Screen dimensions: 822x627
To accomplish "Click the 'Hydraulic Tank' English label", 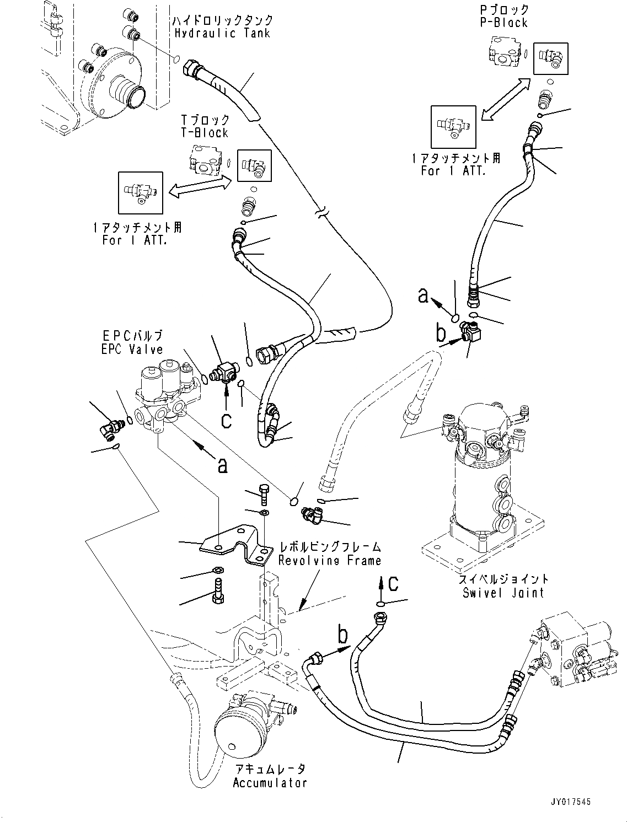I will point(222,33).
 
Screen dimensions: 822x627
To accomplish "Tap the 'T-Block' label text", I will point(205,133).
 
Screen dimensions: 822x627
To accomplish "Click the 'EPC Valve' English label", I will point(132,350).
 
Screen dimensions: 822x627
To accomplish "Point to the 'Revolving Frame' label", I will point(329,561).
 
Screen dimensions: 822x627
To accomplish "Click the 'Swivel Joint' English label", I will point(503,593).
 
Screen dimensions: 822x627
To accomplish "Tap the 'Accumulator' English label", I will point(269,783).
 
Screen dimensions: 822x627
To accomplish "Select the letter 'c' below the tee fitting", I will point(226,420).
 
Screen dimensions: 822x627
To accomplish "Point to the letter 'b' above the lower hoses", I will point(342,636).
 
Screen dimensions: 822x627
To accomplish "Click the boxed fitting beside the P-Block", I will point(550,57).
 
